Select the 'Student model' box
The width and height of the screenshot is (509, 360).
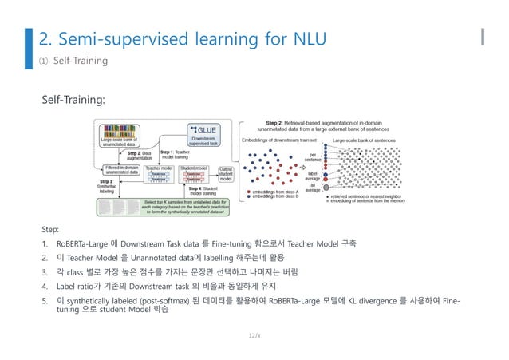point(195,174)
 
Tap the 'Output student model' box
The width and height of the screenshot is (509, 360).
point(226,174)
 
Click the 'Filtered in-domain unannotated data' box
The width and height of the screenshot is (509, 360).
point(118,169)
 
